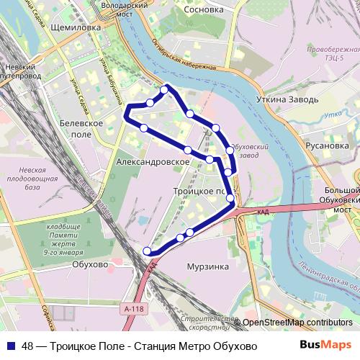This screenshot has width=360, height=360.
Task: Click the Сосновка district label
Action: [203, 12]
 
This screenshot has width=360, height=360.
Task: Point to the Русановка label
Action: [327, 145]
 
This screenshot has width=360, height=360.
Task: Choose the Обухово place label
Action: [90, 264]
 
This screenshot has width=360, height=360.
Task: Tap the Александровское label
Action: [152, 163]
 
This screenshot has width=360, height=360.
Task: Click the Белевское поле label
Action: [81, 129]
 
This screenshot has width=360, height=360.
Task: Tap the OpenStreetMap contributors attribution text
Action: [297, 323]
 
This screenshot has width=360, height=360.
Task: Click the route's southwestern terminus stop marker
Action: [147, 251]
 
